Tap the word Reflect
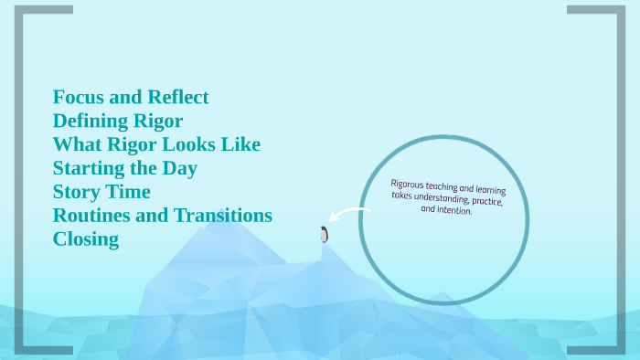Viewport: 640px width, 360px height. click(x=177, y=97)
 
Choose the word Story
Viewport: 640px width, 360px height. click(x=76, y=192)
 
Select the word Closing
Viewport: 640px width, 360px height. click(x=86, y=239)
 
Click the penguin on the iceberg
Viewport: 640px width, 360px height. click(x=324, y=234)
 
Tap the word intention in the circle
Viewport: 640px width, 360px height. click(x=453, y=210)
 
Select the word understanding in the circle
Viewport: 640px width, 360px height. click(x=440, y=196)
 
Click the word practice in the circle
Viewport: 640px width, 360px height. click(x=488, y=202)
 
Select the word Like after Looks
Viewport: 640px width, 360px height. click(x=242, y=144)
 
